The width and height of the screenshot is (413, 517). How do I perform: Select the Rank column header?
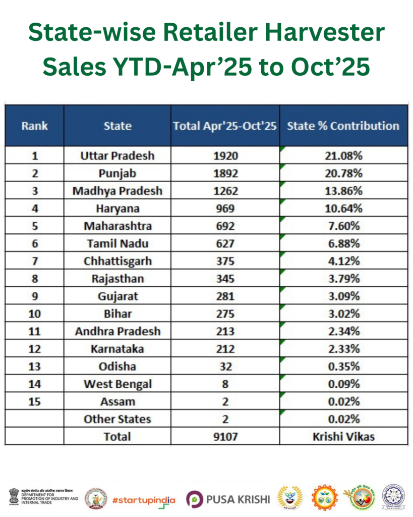(34, 126)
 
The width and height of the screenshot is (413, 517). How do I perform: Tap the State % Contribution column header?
(343, 126)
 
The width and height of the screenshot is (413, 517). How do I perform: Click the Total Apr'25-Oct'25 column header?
(225, 126)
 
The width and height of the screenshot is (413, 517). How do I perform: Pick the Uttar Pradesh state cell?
(117, 156)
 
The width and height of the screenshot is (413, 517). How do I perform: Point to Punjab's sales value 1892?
(225, 173)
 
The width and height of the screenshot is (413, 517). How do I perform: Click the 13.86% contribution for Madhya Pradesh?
(343, 191)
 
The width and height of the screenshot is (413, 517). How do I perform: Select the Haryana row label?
(117, 209)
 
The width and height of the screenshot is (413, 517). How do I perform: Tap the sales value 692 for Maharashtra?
(225, 226)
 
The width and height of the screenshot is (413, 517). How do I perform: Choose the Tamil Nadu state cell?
(117, 243)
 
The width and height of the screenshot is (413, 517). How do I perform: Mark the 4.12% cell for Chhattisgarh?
(343, 261)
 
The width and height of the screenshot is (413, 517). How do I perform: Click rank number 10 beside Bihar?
(34, 314)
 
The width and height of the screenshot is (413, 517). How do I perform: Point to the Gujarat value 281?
(225, 296)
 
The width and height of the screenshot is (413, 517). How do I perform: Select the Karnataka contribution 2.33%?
(343, 349)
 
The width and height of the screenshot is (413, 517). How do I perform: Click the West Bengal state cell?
(117, 384)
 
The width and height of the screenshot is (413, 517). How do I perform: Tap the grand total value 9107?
(225, 436)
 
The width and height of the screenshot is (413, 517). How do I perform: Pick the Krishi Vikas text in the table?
(343, 436)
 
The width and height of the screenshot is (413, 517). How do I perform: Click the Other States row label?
(117, 419)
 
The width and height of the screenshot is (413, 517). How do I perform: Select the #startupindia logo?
(144, 499)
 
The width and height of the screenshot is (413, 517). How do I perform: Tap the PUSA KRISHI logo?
(228, 499)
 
